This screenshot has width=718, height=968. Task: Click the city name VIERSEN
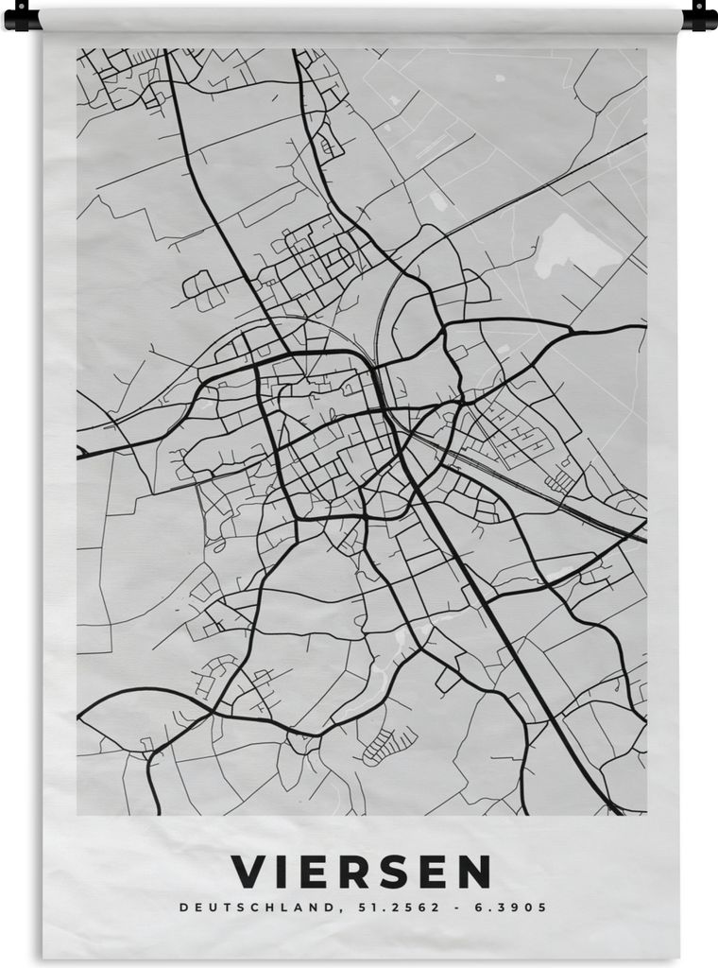[x=361, y=871]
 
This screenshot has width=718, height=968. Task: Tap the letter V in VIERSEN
[x=248, y=871]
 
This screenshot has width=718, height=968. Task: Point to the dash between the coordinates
[x=459, y=907]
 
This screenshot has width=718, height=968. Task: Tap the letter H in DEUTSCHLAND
[x=274, y=907]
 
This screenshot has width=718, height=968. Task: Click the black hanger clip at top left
[x=23, y=17]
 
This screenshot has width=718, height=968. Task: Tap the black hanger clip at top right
[x=698, y=15]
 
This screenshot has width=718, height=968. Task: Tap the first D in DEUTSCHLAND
[x=182, y=907]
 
